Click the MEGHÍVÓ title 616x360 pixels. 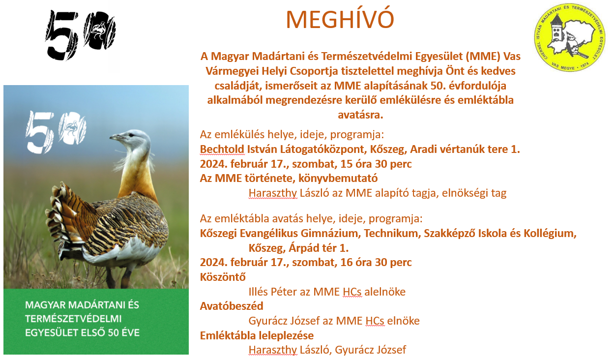coord(340,20)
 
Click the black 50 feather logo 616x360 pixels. coord(81,34)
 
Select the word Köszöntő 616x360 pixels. coord(223,276)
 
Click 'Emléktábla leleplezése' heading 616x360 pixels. coord(257,335)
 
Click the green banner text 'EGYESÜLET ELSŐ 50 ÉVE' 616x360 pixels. coord(83,333)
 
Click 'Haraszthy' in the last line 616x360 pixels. coord(273,350)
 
